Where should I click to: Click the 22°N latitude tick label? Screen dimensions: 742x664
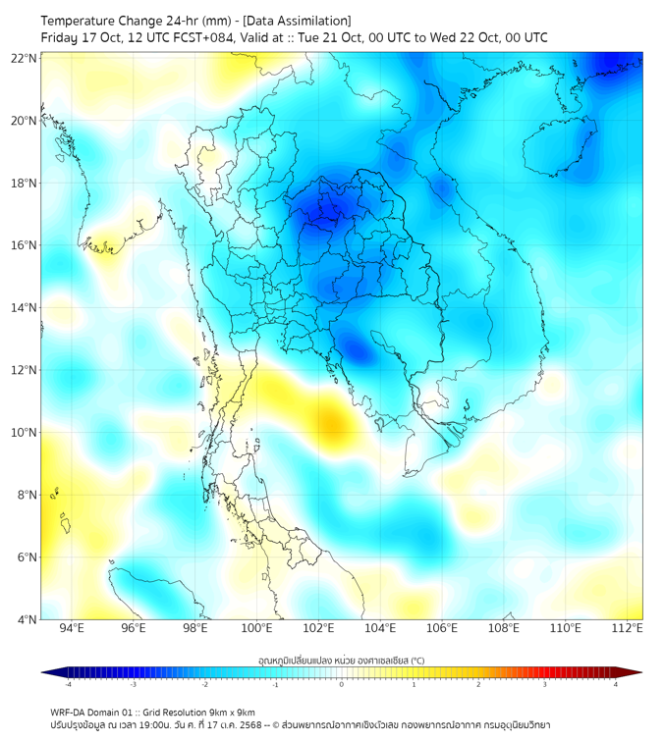(x=25, y=58)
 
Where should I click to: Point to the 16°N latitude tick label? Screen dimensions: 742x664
(x=25, y=245)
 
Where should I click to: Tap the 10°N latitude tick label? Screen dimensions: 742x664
(x=25, y=433)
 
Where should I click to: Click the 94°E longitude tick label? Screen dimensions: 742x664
(x=72, y=628)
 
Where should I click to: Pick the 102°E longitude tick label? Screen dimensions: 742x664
(x=318, y=628)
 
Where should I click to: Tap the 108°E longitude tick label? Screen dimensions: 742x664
(x=504, y=628)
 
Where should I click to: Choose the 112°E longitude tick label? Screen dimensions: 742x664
(x=628, y=628)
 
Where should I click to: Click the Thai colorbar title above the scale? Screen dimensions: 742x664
(x=341, y=660)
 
